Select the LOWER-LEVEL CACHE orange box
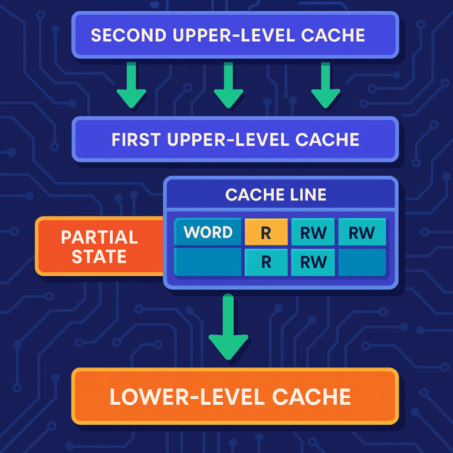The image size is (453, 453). [x=235, y=396]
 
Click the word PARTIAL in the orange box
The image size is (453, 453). [x=99, y=238]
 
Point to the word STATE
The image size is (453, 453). [x=99, y=257]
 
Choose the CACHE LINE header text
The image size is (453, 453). [x=275, y=195]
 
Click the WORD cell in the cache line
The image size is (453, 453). [x=208, y=232]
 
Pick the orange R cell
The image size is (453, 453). [x=266, y=233]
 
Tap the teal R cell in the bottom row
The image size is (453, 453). [x=266, y=262]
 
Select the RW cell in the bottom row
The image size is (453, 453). [x=313, y=262]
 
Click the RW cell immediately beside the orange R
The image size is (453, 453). [x=313, y=233]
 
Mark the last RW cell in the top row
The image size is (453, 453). [x=362, y=233]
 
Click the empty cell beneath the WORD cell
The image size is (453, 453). [x=208, y=262]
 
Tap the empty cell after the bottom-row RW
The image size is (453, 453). [x=362, y=262]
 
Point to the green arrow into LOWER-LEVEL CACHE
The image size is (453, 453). [x=228, y=327]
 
